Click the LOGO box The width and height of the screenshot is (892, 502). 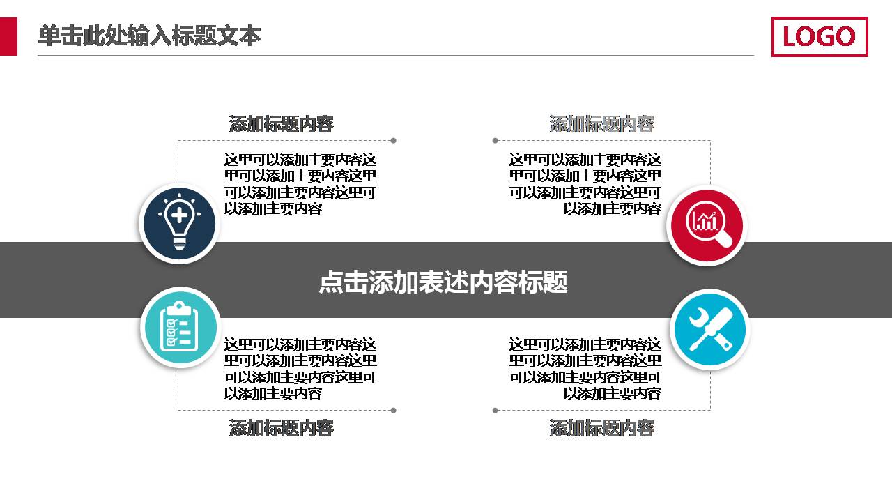click(x=819, y=37)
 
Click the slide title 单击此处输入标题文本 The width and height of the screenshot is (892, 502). click(x=149, y=36)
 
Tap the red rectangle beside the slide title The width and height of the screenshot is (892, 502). click(x=8, y=37)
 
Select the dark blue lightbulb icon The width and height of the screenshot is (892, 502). click(x=180, y=224)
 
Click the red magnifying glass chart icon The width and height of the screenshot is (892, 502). click(x=707, y=225)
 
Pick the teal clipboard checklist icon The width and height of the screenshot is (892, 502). click(x=180, y=327)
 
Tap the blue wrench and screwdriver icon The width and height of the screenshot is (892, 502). click(x=709, y=329)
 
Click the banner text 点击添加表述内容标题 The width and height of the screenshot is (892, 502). click(x=443, y=282)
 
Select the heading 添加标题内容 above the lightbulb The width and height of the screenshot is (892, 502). click(x=282, y=124)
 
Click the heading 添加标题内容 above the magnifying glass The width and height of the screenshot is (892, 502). click(x=601, y=124)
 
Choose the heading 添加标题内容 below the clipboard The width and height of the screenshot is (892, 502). click(x=282, y=427)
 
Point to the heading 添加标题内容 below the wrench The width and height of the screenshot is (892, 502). click(x=601, y=427)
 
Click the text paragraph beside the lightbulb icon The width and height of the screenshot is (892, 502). click(x=300, y=184)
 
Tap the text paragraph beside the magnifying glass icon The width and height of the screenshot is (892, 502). click(x=585, y=184)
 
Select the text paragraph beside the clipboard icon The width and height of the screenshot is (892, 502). click(x=300, y=368)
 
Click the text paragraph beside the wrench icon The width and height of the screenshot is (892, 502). click(x=585, y=368)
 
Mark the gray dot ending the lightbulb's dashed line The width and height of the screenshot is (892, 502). click(x=393, y=141)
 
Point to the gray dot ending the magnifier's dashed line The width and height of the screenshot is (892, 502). click(x=495, y=141)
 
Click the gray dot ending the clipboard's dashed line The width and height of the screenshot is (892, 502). click(x=393, y=410)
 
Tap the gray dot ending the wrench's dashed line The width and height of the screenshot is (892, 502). click(x=495, y=410)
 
